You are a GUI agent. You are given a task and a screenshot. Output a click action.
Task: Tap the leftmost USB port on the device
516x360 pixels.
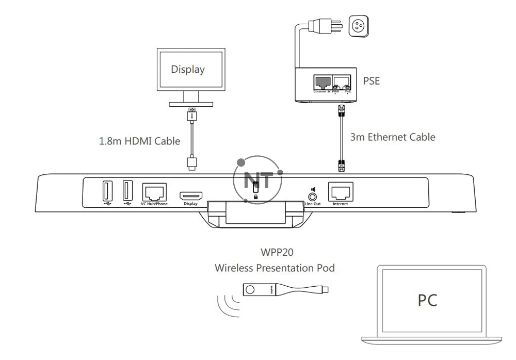pyautogui.click(x=106, y=192)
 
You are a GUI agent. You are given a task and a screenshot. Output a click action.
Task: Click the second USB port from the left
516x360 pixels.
pyautogui.click(x=127, y=192)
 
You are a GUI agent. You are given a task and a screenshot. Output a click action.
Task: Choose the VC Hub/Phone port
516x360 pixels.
pyautogui.click(x=154, y=193)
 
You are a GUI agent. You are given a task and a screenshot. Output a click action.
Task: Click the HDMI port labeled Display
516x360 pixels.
pyautogui.click(x=190, y=195)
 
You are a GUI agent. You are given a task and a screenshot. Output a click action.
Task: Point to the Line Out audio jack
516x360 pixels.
pyautogui.click(x=312, y=197)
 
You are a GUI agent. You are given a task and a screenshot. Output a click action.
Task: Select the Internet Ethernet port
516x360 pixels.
pyautogui.click(x=340, y=193)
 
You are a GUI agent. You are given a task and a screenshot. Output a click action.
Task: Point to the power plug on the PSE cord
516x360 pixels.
pyautogui.click(x=320, y=26)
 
